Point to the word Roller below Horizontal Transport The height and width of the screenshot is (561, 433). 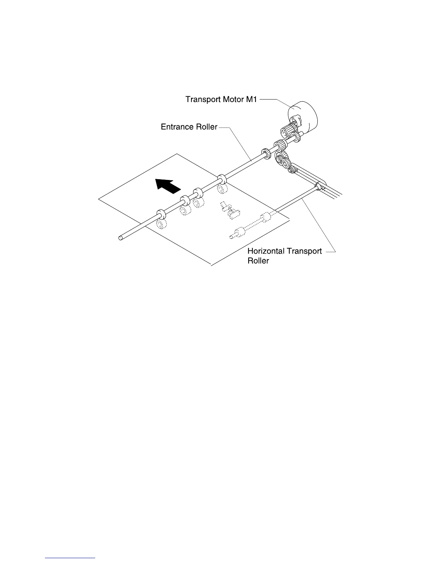(x=258, y=261)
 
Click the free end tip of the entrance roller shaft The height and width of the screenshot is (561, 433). (x=121, y=238)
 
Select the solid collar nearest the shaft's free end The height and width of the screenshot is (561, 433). (x=161, y=214)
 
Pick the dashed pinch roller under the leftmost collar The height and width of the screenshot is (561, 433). (x=162, y=225)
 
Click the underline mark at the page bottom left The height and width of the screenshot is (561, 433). (x=70, y=557)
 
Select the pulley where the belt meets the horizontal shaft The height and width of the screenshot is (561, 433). (x=318, y=187)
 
